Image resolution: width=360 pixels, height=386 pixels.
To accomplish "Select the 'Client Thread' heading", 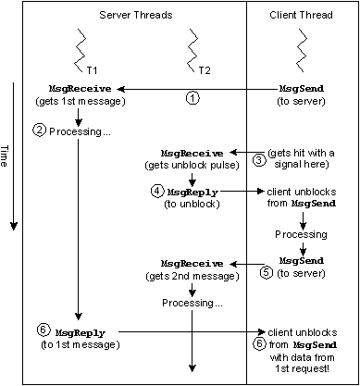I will (302, 16).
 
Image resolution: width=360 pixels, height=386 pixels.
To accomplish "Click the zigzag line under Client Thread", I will (302, 46).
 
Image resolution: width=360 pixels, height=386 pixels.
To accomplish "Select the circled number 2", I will (39, 131).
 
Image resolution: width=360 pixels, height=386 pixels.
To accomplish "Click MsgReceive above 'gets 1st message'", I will (70, 87).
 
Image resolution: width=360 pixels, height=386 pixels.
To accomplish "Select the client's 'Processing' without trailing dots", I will (302, 235).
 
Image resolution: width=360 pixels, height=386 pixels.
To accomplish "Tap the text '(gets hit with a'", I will (303, 151).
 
